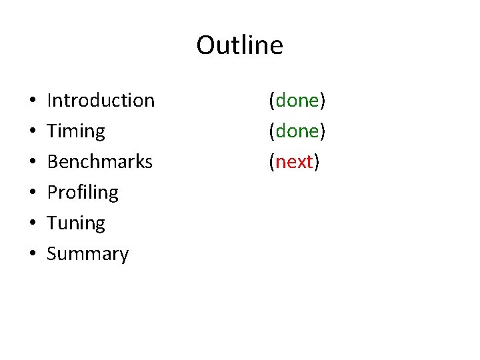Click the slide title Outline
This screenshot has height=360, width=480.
click(239, 45)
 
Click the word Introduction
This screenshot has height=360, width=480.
click(101, 101)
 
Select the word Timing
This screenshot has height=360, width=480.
click(76, 131)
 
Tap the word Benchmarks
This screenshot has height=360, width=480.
click(100, 161)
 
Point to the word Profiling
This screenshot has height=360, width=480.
click(83, 193)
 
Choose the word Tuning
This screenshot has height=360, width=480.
click(76, 223)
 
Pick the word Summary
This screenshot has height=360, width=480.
click(88, 254)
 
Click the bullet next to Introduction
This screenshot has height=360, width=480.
click(33, 101)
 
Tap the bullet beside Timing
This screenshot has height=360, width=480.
click(33, 132)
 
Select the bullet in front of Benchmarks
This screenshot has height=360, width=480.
click(33, 163)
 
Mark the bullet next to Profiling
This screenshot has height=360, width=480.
click(33, 193)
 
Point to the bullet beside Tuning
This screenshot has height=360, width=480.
click(33, 224)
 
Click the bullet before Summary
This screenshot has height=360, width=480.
click(33, 255)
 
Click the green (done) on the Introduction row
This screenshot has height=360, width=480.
click(297, 101)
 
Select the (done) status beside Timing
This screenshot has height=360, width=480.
click(297, 131)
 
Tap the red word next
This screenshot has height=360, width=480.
click(295, 162)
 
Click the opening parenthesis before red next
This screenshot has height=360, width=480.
click(272, 162)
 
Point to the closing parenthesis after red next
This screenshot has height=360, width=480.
click(317, 162)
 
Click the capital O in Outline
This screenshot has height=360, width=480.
click(206, 45)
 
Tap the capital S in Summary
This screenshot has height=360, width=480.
click(52, 254)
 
